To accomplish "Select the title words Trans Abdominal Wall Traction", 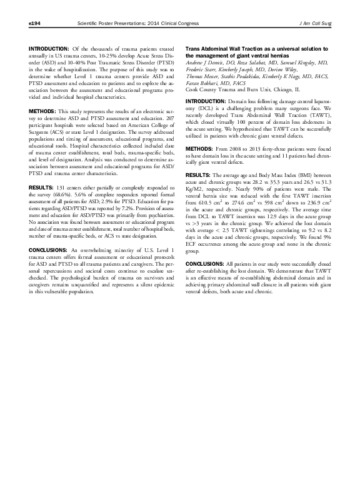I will (226, 49).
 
